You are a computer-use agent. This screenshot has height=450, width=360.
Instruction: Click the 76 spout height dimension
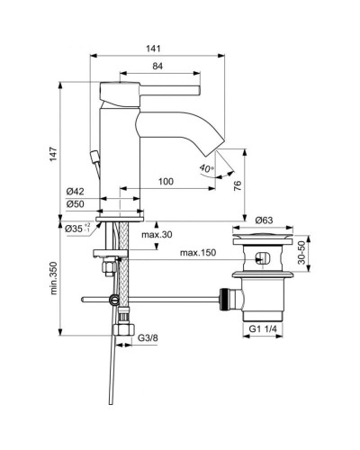[x=238, y=185]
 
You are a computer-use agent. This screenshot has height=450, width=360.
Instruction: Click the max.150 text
[x=199, y=252]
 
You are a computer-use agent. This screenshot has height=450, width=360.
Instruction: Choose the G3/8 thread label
[x=148, y=337]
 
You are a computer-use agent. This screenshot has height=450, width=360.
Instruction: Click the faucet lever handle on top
[x=148, y=87]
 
